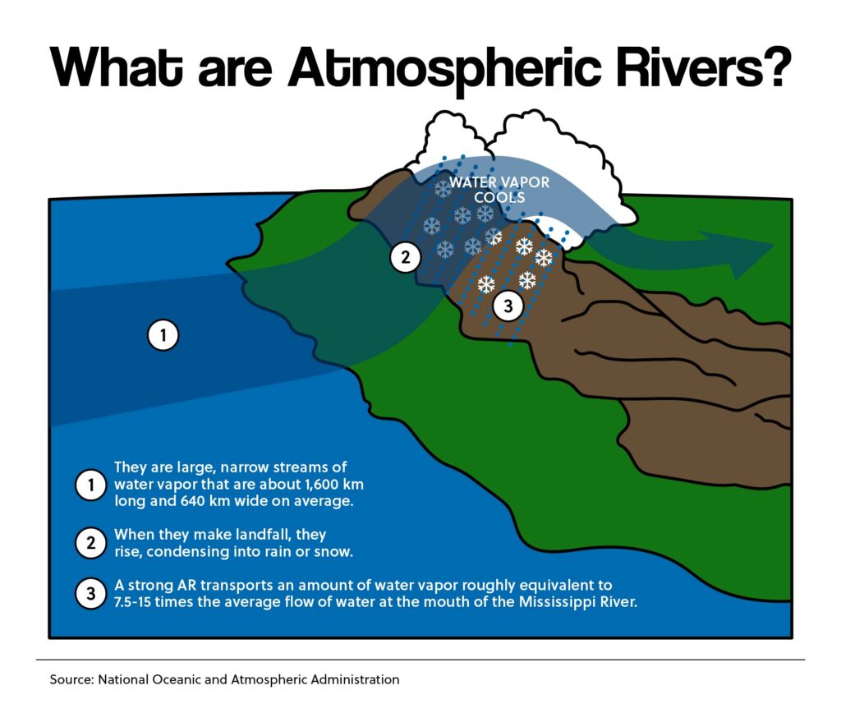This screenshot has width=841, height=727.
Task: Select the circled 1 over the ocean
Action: pos(163,335)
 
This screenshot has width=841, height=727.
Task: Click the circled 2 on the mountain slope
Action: pos(405,257)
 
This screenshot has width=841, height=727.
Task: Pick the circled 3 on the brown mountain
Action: pos(508,306)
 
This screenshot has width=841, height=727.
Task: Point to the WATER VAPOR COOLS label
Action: pos(499,190)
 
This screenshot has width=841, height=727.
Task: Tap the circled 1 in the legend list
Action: pos(90,485)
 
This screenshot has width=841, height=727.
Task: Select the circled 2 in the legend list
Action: pos(90,542)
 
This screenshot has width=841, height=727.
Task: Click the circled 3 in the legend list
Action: pos(90,593)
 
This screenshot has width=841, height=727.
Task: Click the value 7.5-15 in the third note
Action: pos(132,602)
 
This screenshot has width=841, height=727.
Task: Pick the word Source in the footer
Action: pos(72,679)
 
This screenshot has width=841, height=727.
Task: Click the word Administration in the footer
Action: pos(356,679)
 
